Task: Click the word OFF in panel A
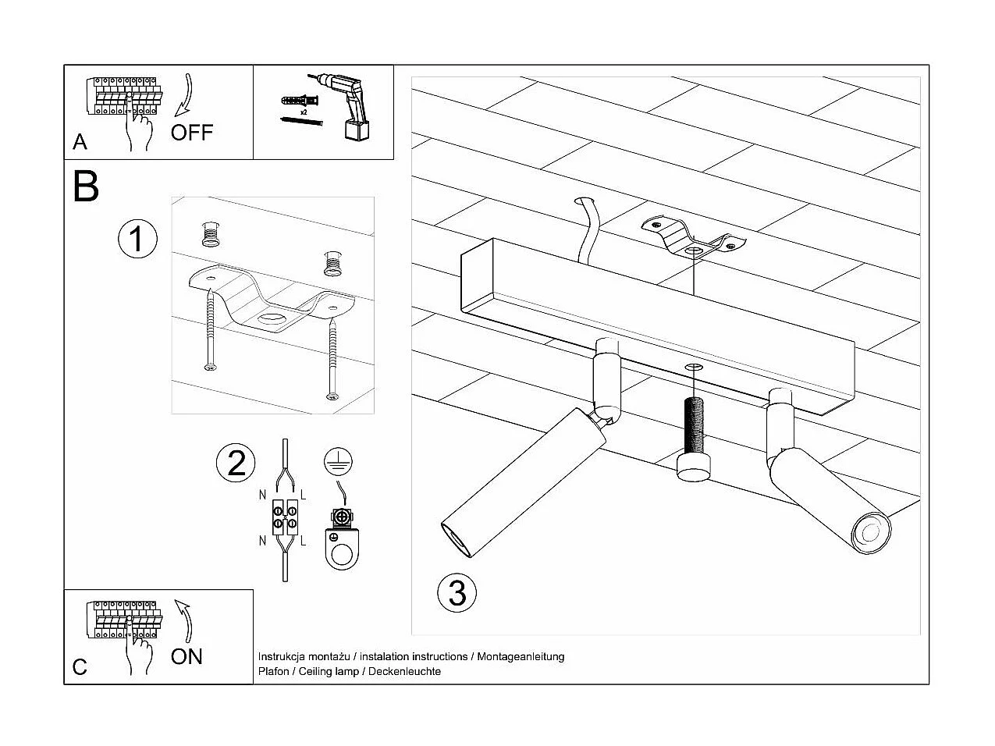tap(191, 132)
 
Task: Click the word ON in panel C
tap(187, 656)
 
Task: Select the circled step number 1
tap(137, 239)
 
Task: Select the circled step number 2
tap(236, 463)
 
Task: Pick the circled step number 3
tap(457, 592)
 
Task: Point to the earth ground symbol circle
tap(336, 462)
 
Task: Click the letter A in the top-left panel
tap(80, 142)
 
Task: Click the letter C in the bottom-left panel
tap(80, 667)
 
